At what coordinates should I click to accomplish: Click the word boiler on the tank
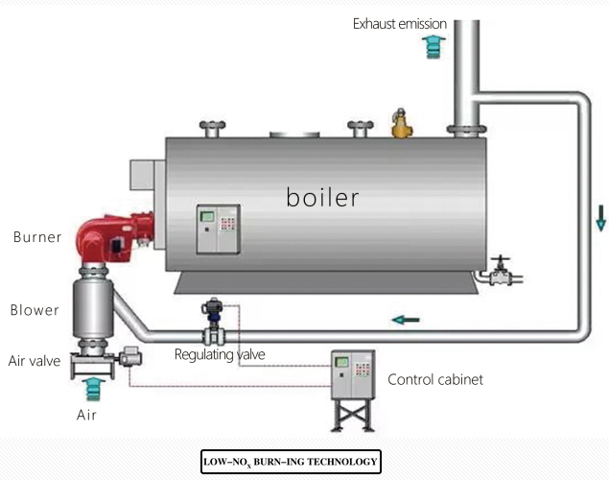[322, 198]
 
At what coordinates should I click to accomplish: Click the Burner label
[37, 237]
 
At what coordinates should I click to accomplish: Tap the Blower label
[35, 310]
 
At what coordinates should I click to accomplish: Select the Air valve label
[35, 361]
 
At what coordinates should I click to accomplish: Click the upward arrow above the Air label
[92, 388]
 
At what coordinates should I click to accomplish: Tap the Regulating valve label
[220, 354]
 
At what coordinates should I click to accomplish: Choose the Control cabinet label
[434, 379]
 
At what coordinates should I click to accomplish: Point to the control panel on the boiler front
[218, 228]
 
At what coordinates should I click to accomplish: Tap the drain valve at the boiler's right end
[498, 275]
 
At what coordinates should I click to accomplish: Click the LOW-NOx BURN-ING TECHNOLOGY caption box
[291, 462]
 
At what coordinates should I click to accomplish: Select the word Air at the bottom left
[87, 415]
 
